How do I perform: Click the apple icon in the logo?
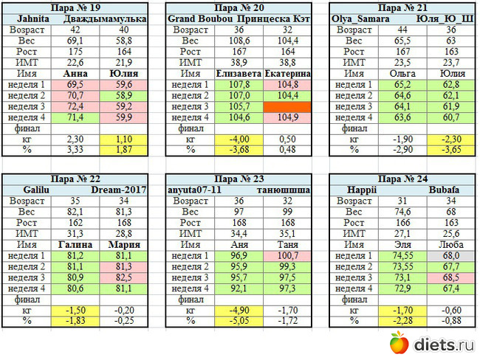(399, 342)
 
